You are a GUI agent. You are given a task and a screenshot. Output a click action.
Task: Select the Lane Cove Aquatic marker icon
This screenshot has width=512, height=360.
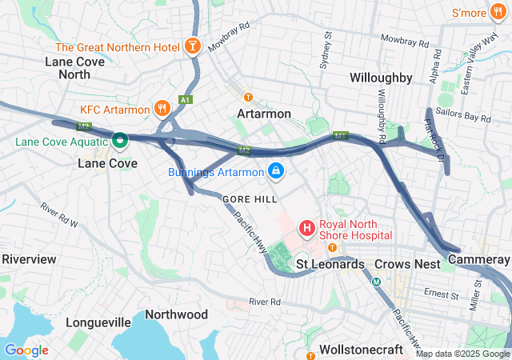(x=120, y=142)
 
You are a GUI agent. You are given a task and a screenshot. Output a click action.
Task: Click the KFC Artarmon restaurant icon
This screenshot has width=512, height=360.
(x=162, y=109)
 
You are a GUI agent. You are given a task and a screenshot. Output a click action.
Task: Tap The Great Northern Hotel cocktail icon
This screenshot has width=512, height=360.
(x=193, y=47)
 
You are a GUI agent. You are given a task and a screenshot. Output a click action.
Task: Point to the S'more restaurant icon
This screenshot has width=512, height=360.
(x=500, y=13)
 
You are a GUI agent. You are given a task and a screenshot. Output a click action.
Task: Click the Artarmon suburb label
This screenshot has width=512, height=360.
(x=264, y=114)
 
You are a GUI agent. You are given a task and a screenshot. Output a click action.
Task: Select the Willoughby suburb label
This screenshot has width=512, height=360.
(x=381, y=78)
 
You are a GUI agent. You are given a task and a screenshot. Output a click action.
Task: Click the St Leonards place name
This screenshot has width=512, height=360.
(x=330, y=264)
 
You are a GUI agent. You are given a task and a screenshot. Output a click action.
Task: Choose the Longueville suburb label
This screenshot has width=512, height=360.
(x=98, y=322)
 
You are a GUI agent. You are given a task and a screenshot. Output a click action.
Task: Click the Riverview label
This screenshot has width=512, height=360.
(x=29, y=259)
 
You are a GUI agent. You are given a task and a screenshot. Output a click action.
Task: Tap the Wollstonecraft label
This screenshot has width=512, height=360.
(x=365, y=350)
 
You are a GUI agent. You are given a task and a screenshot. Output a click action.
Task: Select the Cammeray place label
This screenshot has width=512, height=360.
(x=479, y=260)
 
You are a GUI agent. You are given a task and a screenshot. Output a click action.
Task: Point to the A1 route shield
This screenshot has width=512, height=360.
(x=186, y=100)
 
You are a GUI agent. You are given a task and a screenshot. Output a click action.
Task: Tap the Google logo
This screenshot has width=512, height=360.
(x=26, y=350)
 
